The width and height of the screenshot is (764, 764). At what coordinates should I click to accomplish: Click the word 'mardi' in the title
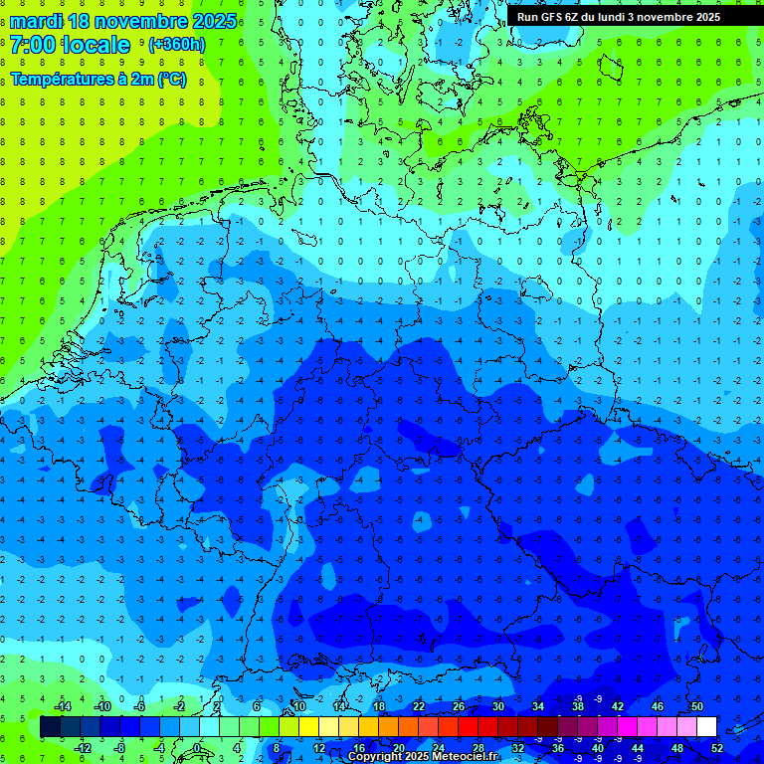pos(35,21)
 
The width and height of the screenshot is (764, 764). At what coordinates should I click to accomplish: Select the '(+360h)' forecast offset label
pos(177,45)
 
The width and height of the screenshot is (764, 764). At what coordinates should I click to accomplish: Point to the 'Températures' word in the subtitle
pos(59,80)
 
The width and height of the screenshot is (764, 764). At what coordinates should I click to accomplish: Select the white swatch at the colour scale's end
pos(706,727)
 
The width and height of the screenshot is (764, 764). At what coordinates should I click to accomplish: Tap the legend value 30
pos(497,706)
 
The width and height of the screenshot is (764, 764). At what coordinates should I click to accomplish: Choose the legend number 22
pos(418,706)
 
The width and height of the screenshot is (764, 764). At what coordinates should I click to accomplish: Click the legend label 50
pos(696,706)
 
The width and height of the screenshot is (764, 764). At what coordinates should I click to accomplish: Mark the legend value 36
pos(558,748)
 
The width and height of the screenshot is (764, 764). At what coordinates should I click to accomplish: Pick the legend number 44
pos(638,748)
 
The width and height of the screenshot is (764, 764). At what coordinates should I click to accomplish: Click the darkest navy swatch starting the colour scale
pos(50,727)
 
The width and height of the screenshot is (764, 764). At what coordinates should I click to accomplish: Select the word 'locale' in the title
pos(95,45)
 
